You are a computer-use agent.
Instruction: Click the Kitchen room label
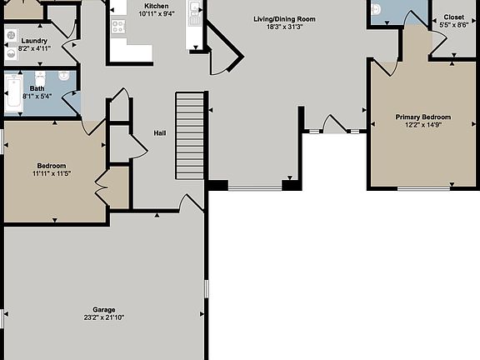tap(157, 5)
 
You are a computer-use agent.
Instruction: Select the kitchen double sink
tap(194, 11)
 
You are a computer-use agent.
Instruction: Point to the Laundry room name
tap(33, 41)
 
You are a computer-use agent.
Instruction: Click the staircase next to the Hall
tap(190, 135)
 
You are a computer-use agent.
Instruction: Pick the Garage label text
tap(104, 309)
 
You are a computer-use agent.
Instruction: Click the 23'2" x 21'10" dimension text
tap(104, 317)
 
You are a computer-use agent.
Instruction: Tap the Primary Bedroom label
tap(422, 117)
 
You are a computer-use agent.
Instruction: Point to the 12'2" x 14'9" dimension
tap(422, 126)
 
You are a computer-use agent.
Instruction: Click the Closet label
tap(454, 17)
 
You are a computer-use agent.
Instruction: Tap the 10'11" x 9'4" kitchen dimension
tap(157, 13)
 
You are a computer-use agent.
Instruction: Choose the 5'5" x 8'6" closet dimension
tap(454, 26)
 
